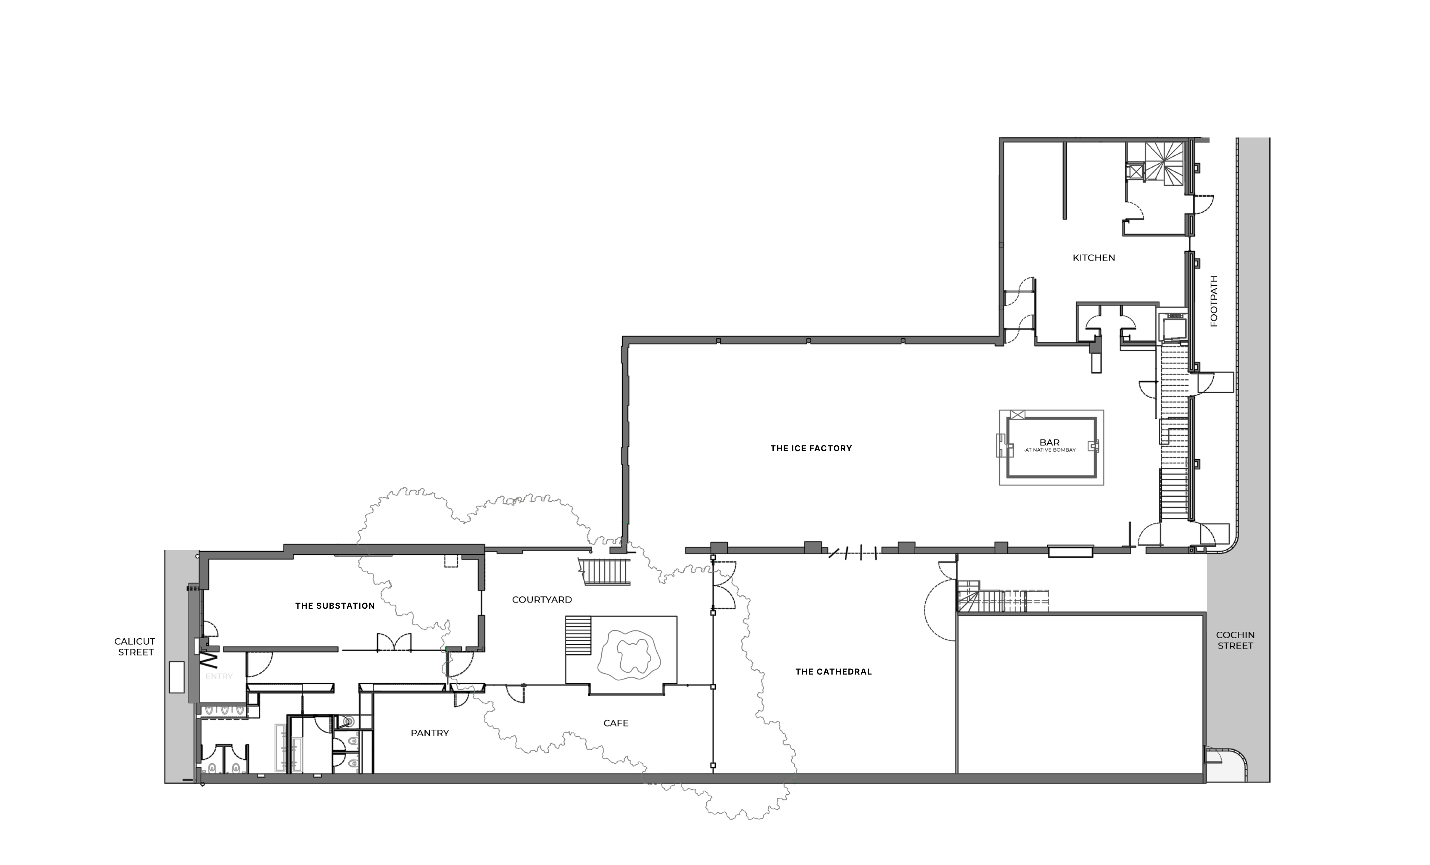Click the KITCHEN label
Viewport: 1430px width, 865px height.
click(1094, 258)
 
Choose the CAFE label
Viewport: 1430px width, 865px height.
click(616, 723)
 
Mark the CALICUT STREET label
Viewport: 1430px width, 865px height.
click(135, 647)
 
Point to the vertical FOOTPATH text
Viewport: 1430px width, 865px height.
click(1213, 301)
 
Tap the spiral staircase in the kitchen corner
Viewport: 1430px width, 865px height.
click(1163, 164)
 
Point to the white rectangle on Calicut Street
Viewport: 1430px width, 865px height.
click(177, 677)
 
